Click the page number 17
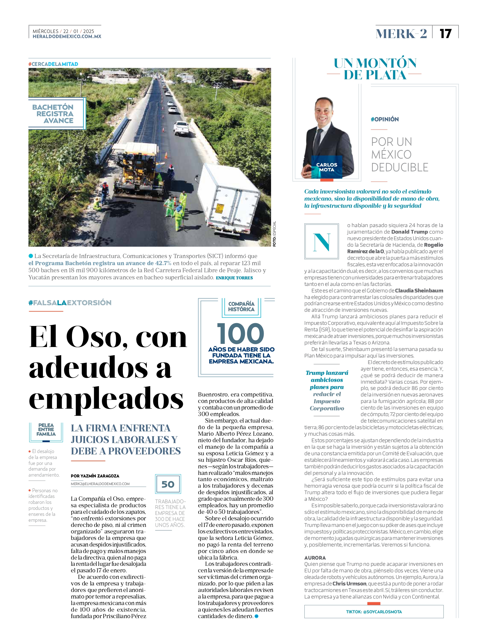pos(445,34)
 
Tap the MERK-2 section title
pos(401,34)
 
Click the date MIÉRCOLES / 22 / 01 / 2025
pos(63,31)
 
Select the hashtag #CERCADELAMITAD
pos(53,64)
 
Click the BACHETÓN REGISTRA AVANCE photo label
pos(53,114)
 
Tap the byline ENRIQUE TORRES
pos(234,278)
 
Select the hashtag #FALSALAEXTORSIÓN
pos(70,303)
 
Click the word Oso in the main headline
pos(97,336)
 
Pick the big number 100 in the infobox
pos(241,333)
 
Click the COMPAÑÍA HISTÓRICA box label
pos(241,307)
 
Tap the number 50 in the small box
pos(168,484)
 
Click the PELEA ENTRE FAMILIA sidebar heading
pos(46,429)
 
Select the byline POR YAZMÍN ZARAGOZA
pos(95,476)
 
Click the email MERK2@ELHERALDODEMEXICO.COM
pos(100,484)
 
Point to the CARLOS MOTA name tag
pos(327,167)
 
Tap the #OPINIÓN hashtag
pos(385,119)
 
